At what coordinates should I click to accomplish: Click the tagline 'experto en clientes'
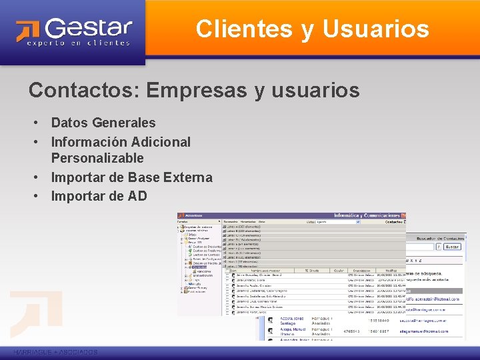pos(78,43)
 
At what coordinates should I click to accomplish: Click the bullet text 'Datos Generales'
pos(103,123)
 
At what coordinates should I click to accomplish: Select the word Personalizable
pos(97,158)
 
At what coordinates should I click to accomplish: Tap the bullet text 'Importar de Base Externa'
pos(131,177)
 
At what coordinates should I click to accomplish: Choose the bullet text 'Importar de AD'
pos(99,196)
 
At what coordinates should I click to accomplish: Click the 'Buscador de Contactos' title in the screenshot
pos(441,238)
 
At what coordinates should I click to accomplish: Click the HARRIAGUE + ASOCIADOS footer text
pos(55,351)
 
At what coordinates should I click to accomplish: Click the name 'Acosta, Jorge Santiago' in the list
pos(292,321)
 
